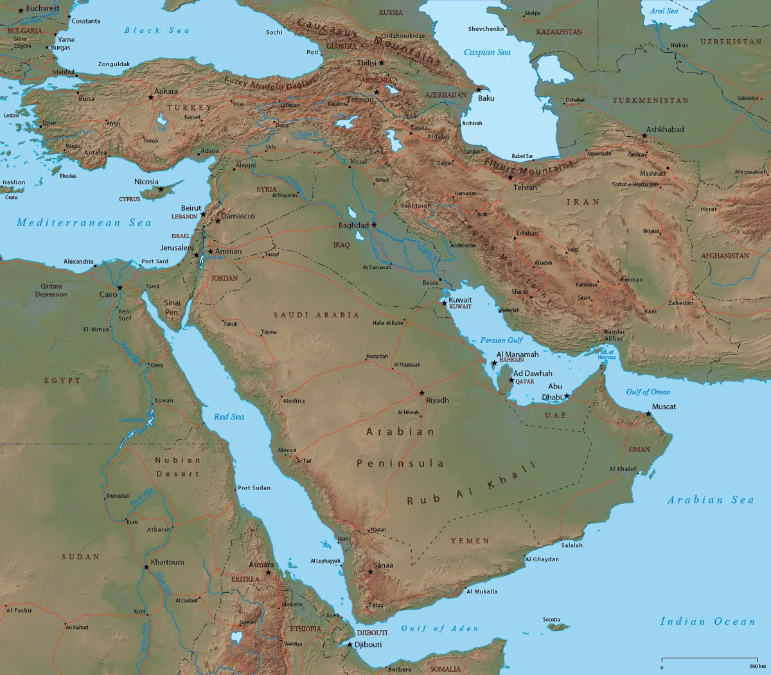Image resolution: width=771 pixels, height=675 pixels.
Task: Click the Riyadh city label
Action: (438, 400)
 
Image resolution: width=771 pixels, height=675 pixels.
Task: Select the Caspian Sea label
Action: (487, 53)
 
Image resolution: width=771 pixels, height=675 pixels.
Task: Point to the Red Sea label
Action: (229, 417)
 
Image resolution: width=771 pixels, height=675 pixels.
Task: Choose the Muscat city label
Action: (664, 407)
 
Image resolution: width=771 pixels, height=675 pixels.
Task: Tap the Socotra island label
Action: (551, 620)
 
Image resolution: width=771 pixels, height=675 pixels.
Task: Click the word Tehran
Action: (525, 188)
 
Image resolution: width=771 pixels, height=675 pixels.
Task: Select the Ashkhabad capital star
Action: (644, 136)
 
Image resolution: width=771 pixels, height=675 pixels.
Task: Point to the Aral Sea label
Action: (664, 11)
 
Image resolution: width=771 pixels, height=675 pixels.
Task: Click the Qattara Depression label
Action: (51, 290)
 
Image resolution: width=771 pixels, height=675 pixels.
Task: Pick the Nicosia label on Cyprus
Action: (146, 182)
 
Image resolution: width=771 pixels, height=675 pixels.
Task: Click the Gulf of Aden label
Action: (439, 628)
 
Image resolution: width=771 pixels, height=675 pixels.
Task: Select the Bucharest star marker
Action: (21, 10)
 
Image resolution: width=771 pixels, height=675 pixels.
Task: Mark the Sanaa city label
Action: (384, 565)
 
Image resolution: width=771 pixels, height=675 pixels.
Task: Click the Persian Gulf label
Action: (501, 340)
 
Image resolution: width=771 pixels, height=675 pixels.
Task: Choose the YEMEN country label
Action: (470, 541)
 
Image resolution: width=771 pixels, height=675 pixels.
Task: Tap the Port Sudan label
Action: (254, 487)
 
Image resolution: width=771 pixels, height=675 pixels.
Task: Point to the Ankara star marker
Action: (151, 98)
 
